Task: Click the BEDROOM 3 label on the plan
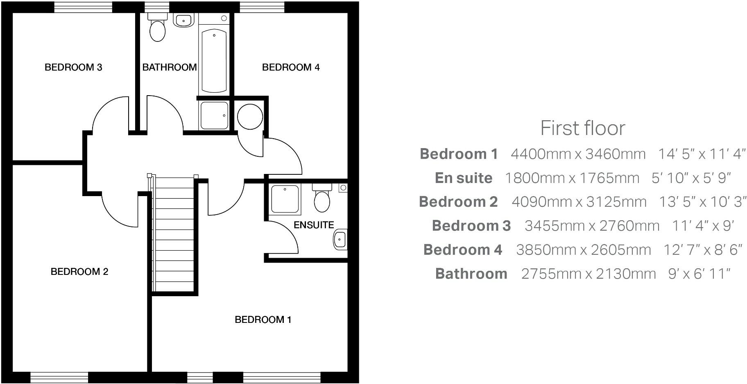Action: pyautogui.click(x=73, y=67)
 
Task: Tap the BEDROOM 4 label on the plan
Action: pyautogui.click(x=291, y=67)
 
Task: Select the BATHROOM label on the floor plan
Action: pyautogui.click(x=170, y=67)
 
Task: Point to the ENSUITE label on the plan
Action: pyautogui.click(x=314, y=225)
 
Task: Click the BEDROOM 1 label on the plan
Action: pyautogui.click(x=263, y=320)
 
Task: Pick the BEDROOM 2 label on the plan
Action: pyautogui.click(x=79, y=272)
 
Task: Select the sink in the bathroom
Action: pyautogui.click(x=183, y=20)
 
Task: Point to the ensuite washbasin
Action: pyautogui.click(x=340, y=239)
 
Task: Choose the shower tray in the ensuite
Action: pyautogui.click(x=285, y=199)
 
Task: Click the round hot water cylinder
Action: pyautogui.click(x=250, y=117)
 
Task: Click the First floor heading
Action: pyautogui.click(x=583, y=128)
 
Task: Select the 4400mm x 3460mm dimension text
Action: pyautogui.click(x=578, y=154)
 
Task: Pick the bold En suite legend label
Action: pyautogui.click(x=464, y=178)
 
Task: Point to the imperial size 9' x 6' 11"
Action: pyautogui.click(x=699, y=274)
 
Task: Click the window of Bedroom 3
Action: pyautogui.click(x=83, y=7)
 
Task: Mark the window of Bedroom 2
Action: pyautogui.click(x=59, y=377)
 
